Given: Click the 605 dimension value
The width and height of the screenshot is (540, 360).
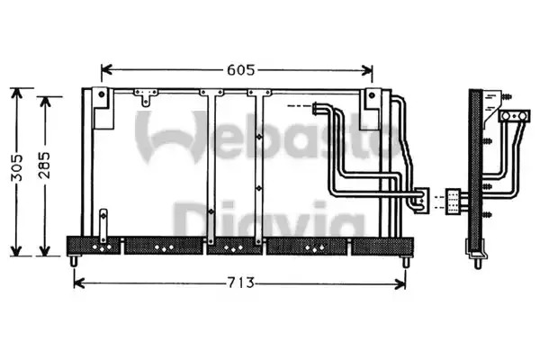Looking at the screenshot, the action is click(x=240, y=70).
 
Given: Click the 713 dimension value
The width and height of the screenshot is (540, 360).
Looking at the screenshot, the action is click(x=240, y=283).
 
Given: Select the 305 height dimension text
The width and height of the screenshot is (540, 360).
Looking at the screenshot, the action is click(x=16, y=167).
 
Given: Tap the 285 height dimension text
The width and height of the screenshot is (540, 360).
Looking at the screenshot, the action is click(x=44, y=165).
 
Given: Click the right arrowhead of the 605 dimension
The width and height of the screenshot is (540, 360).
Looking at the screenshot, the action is click(x=367, y=70).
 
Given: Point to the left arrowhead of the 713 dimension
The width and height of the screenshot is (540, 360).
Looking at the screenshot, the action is click(x=79, y=283).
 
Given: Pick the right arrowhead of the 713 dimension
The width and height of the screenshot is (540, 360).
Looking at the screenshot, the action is click(x=400, y=283).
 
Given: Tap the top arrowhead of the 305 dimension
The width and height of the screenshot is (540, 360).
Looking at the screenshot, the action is click(x=16, y=94).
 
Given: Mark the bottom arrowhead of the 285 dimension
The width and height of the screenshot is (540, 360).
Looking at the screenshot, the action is click(x=45, y=251).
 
